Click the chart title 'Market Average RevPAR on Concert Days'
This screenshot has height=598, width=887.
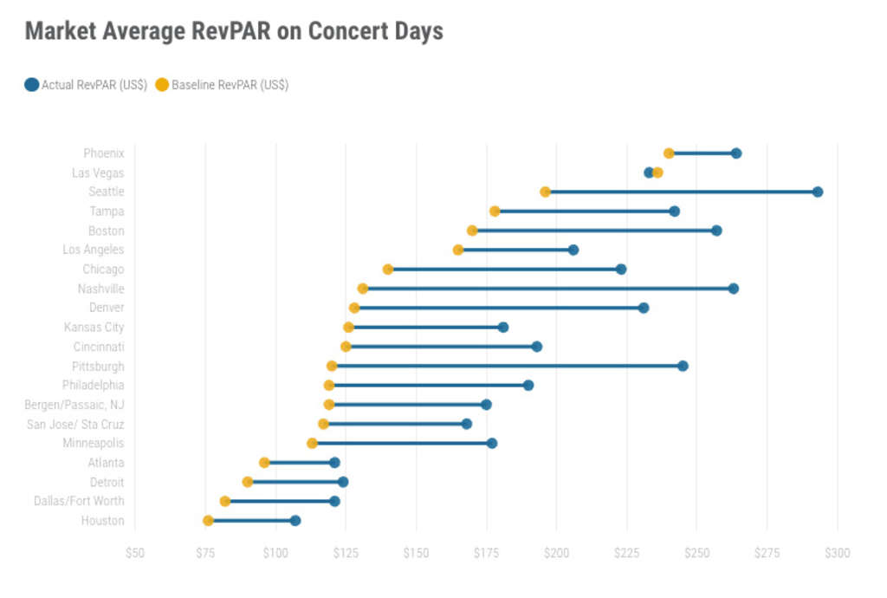(x=234, y=31)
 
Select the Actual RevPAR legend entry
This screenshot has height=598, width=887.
(x=86, y=85)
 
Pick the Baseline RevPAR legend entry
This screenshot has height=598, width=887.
(x=222, y=85)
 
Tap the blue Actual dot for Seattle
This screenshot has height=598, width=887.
(x=817, y=192)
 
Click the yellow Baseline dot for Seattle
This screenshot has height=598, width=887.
(x=545, y=192)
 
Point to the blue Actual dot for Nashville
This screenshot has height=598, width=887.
(x=733, y=289)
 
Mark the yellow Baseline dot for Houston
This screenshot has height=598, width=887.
(x=208, y=521)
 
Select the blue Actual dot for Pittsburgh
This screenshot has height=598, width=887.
(x=683, y=366)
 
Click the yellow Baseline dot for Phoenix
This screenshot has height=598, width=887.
(x=669, y=153)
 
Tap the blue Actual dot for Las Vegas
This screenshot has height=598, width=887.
(x=649, y=172)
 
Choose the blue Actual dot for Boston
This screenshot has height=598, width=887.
(x=716, y=231)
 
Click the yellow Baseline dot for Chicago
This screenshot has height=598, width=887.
(x=388, y=270)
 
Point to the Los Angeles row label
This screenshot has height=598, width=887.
(x=94, y=250)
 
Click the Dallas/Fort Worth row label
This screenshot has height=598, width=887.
(x=79, y=501)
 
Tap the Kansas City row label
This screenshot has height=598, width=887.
(x=94, y=327)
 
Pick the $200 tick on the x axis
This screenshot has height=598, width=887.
(x=556, y=553)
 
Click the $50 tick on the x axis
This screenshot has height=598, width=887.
(x=134, y=553)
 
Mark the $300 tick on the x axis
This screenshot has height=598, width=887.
(x=837, y=553)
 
